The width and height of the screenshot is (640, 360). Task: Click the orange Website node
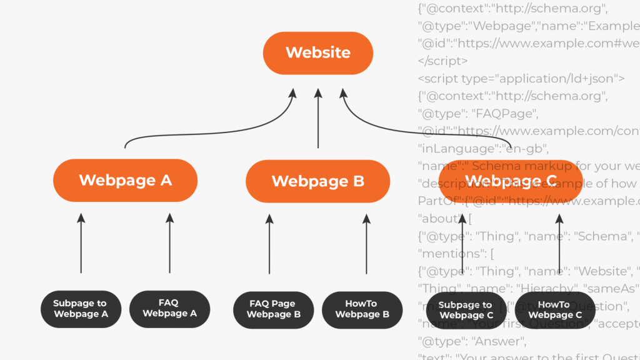coord(317,52)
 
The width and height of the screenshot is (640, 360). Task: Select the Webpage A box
coord(125,181)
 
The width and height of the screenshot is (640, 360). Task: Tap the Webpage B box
coord(317,181)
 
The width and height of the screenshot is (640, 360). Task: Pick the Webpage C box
coord(511,181)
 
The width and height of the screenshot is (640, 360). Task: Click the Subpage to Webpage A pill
coord(81,309)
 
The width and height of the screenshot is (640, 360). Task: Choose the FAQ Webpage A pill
coord(169,309)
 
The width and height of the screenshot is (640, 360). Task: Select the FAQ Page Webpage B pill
coord(272,309)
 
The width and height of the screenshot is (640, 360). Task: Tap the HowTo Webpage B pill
coord(362,309)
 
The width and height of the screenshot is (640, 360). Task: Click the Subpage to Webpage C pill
coord(466,310)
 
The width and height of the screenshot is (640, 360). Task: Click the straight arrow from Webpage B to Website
coord(317,119)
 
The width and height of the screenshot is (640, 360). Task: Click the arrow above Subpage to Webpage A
coord(81,244)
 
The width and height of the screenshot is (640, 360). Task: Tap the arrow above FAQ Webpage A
coord(169,244)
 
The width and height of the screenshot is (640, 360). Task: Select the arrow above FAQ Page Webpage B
coord(270,244)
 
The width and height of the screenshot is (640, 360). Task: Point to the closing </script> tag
coord(442,61)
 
